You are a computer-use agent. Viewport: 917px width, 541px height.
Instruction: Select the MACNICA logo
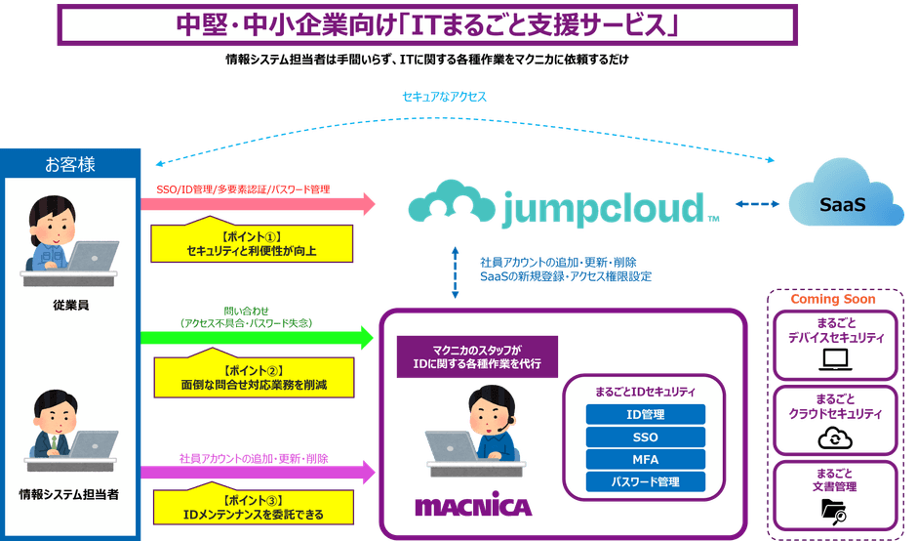point(473,507)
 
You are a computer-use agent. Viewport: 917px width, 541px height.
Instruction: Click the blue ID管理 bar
point(645,414)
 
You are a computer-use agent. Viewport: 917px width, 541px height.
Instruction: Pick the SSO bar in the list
point(645,437)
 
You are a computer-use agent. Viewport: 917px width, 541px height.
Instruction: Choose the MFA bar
point(645,459)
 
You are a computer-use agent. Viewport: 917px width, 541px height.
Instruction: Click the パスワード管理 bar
point(645,481)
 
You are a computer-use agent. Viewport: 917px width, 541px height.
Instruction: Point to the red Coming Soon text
point(834,300)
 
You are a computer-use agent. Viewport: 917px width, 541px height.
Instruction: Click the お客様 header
point(70,164)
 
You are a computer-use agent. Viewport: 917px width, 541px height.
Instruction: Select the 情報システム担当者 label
point(69,494)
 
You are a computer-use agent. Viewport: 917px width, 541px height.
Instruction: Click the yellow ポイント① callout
point(252,243)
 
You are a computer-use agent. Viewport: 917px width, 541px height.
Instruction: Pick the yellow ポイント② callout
point(252,378)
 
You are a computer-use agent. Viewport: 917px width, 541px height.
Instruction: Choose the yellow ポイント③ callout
point(252,506)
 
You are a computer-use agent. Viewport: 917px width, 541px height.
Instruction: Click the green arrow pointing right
point(258,338)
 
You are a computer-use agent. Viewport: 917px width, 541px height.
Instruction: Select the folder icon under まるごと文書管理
point(834,509)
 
